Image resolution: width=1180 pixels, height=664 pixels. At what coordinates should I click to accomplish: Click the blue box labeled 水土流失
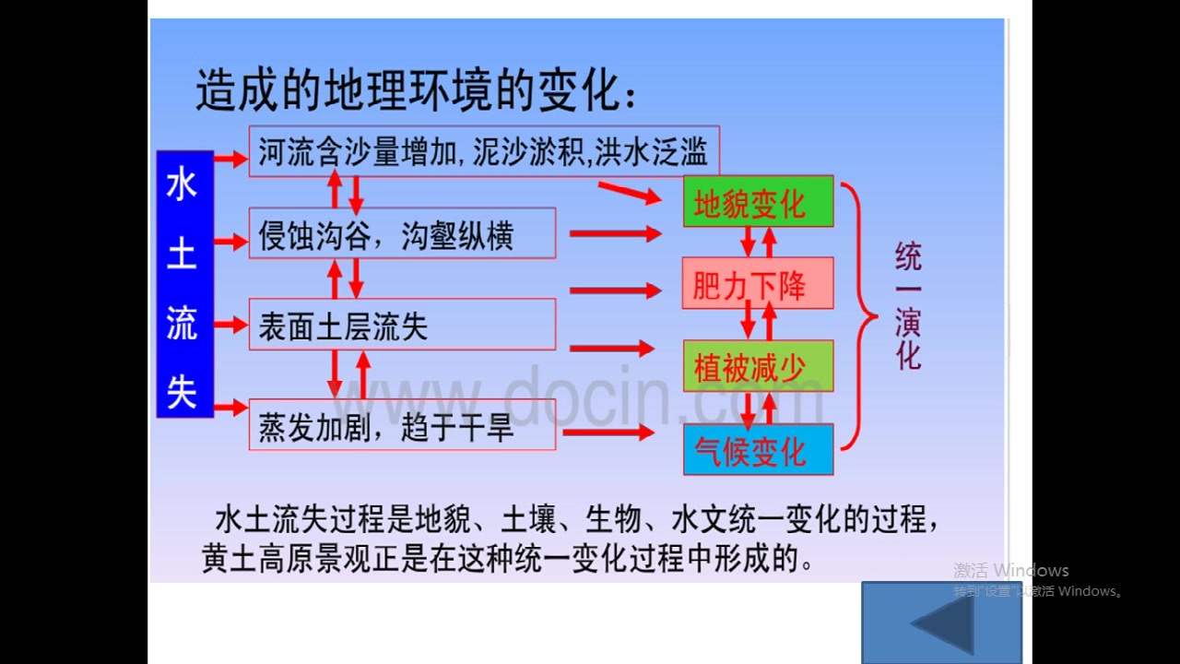(x=184, y=284)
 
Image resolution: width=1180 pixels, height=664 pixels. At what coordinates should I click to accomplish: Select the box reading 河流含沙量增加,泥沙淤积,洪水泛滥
(x=483, y=152)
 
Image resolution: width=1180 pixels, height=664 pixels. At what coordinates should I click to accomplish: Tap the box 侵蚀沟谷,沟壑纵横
(x=402, y=233)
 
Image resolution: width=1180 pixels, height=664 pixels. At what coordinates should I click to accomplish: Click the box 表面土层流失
(x=402, y=325)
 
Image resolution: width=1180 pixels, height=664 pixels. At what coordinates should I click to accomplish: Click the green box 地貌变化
(x=758, y=202)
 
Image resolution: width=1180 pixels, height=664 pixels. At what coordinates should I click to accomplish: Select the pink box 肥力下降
(x=758, y=284)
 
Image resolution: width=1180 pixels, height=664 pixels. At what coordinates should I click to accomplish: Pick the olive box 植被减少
(x=758, y=366)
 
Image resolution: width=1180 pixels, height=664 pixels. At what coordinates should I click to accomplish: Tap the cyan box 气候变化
(x=758, y=450)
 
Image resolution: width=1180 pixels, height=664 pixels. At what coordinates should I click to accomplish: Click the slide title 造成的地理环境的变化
(x=415, y=92)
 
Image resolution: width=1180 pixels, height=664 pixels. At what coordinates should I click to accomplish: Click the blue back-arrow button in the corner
(x=942, y=622)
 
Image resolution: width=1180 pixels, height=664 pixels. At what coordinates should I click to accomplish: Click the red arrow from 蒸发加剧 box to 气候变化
(x=608, y=432)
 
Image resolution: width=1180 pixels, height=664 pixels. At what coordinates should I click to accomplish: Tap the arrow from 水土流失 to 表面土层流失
(x=230, y=325)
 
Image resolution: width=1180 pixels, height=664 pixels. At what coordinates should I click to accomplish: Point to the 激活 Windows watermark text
(x=1011, y=571)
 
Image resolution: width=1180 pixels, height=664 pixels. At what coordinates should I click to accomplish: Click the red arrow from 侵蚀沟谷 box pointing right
(x=615, y=233)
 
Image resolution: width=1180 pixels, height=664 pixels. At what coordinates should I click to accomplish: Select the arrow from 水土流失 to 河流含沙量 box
(x=230, y=159)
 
